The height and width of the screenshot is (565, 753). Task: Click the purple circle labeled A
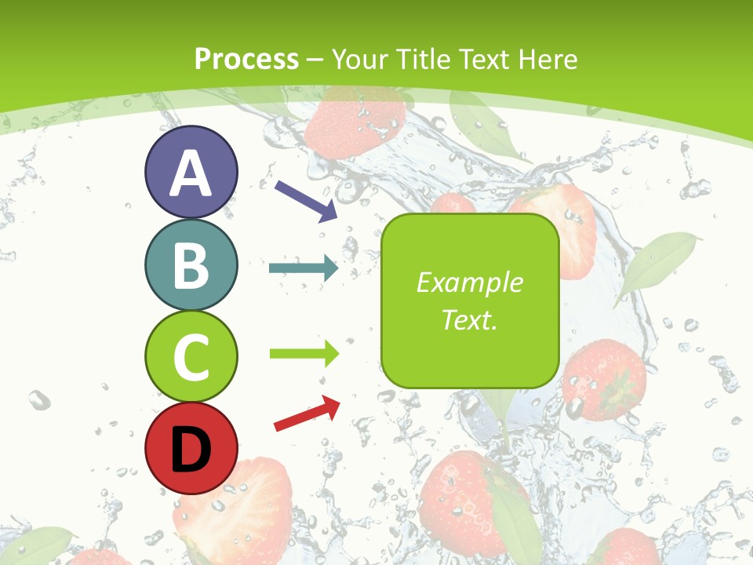point(191,173)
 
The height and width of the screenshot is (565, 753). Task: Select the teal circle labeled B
point(191,264)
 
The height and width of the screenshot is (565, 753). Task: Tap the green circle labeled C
point(191,357)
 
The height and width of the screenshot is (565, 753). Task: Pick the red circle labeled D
point(191,448)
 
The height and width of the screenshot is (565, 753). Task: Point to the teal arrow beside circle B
point(304,269)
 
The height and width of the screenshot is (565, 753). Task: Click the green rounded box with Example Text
point(470,301)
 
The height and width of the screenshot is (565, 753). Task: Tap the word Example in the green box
point(470,282)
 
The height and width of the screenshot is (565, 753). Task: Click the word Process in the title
point(246,59)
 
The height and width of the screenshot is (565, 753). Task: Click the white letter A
point(191,173)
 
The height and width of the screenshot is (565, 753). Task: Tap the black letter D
point(191,449)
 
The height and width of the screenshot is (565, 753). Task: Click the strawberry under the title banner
point(355,122)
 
